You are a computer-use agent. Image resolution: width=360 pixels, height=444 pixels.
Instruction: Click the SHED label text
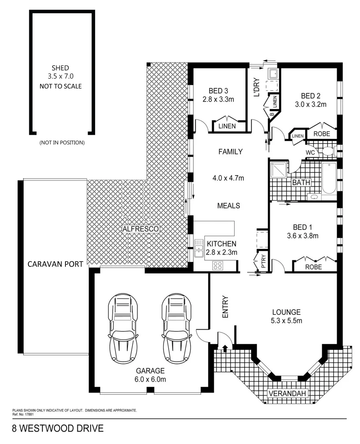click(x=60, y=68)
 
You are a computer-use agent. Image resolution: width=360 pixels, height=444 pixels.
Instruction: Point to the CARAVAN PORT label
click(x=55, y=264)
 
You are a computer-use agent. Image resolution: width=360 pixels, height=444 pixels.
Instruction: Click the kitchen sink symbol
click(x=199, y=249)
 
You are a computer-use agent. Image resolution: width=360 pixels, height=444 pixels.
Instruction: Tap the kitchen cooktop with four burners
click(x=217, y=266)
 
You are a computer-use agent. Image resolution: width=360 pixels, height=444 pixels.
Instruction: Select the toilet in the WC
click(x=328, y=152)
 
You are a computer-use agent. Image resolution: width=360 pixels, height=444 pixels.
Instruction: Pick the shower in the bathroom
click(x=279, y=171)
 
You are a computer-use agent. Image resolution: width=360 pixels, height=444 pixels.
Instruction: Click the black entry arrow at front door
click(x=225, y=349)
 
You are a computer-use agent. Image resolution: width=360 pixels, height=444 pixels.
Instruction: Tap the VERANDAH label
click(x=288, y=394)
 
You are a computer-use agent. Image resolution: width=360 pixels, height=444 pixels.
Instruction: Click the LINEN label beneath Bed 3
click(x=228, y=126)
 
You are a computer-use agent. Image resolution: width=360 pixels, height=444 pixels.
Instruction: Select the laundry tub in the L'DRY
click(x=272, y=74)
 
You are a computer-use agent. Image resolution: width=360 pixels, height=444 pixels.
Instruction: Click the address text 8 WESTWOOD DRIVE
click(x=57, y=429)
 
